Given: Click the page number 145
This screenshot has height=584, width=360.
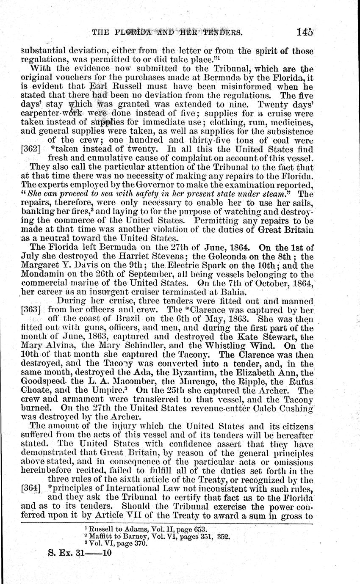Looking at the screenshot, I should (305, 32).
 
